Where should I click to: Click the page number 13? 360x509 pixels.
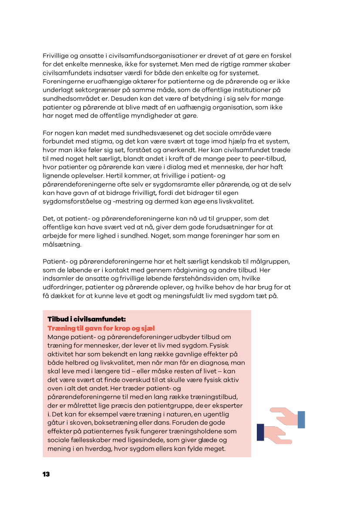pos(46,474)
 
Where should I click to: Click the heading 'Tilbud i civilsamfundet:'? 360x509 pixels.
pos(87,319)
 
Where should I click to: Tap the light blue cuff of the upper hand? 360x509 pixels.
pos(301,419)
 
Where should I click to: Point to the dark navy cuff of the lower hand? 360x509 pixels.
pos(261,432)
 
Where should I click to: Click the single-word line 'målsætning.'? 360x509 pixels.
pos(62,245)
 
